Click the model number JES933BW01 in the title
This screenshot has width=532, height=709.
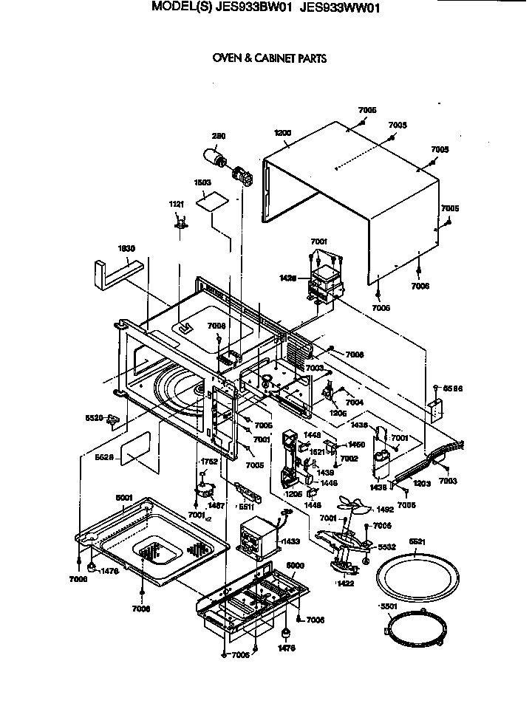250,9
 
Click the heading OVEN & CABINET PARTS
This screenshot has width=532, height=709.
269,58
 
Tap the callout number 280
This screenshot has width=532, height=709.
219,136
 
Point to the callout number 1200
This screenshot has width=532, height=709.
282,133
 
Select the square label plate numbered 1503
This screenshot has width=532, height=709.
211,201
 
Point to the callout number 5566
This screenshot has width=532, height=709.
451,388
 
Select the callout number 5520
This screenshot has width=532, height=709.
95,417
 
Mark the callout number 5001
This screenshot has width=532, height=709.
123,498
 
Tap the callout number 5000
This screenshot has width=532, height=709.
295,565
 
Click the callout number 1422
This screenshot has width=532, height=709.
344,583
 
